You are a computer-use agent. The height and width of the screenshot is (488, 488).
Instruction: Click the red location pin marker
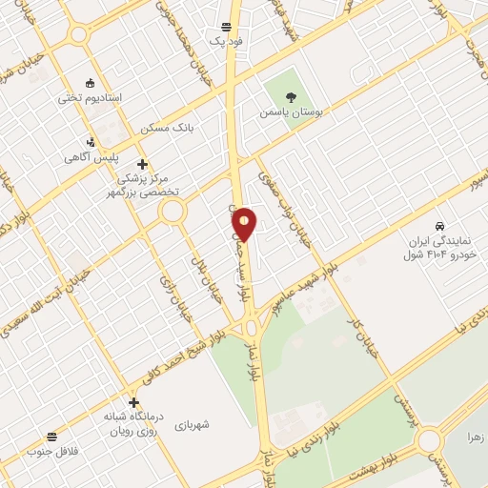click(244, 223)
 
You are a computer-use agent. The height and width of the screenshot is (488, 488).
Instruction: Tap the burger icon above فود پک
click(227, 27)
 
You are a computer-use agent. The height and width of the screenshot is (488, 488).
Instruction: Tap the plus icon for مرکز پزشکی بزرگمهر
click(143, 164)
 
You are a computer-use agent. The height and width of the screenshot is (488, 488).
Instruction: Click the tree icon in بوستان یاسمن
click(291, 96)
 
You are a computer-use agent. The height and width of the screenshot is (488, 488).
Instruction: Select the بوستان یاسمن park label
click(291, 112)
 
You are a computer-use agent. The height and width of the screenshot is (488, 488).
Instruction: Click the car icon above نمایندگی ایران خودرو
click(438, 226)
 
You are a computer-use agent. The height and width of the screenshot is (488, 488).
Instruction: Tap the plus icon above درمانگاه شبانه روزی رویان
click(133, 401)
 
